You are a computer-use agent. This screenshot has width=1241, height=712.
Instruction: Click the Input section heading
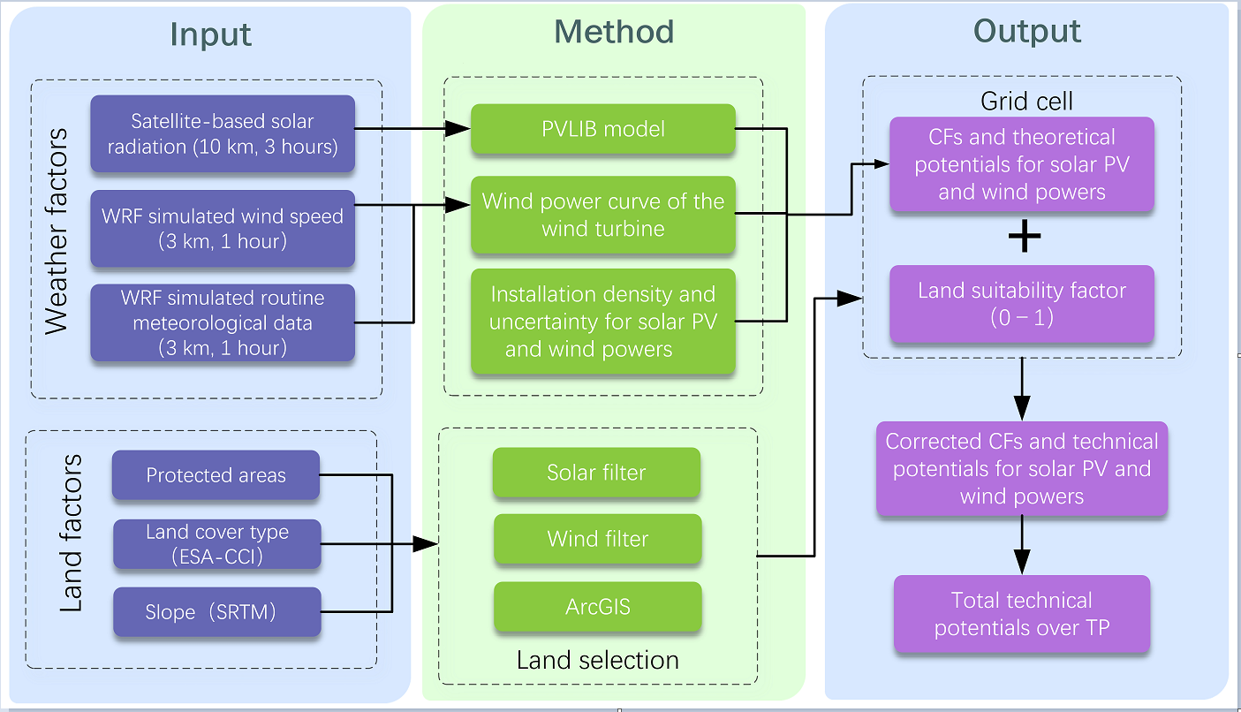pos(211,34)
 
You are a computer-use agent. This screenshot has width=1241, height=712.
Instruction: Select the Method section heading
pos(614,32)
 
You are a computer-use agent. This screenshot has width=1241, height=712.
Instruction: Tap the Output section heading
pos(1027,31)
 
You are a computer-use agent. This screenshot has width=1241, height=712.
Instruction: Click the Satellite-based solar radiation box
pos(223,133)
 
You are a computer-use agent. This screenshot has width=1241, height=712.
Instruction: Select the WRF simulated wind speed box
pos(223,228)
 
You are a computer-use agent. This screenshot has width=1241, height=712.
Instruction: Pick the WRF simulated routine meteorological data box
pos(223,322)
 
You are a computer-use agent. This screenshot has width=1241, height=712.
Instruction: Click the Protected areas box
pos(216,475)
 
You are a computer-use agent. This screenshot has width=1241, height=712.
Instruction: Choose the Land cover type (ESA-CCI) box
pos(216,543)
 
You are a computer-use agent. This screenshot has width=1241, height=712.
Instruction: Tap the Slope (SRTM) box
pos(216,611)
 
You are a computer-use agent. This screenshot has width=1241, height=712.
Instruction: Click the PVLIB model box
pos(603,130)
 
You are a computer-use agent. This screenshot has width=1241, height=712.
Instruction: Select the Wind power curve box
pos(603,215)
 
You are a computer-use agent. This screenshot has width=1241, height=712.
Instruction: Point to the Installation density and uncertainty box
pos(603,322)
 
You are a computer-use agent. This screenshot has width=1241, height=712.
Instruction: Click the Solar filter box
pos(596,473)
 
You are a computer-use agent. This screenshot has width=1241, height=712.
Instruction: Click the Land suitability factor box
pos(1022,303)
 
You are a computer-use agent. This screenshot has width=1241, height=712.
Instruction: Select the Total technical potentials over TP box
pos(1022,614)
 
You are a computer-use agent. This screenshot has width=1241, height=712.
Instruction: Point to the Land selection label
pos(598,660)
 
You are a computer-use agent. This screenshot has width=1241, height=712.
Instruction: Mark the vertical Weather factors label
pos(57,231)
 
